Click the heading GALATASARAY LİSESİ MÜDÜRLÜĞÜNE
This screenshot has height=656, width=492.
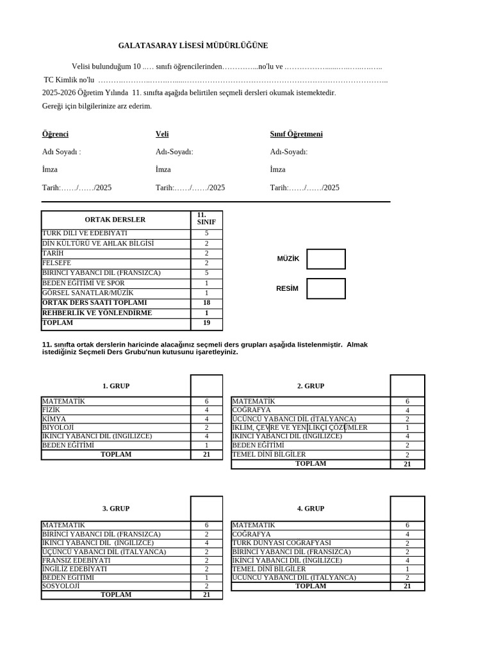click(x=193, y=46)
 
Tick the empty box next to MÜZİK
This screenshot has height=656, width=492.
click(x=325, y=259)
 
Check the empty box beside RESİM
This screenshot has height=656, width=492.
click(x=325, y=288)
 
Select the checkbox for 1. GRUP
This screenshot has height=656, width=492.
click(x=206, y=386)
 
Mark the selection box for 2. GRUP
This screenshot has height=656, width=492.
click(x=407, y=386)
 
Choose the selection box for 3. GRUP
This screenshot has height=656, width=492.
click(x=206, y=508)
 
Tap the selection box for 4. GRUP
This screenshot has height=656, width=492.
click(x=407, y=508)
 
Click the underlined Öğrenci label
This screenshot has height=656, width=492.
click(x=55, y=135)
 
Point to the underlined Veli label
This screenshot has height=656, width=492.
click(x=162, y=135)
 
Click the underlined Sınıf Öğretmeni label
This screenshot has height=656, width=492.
click(x=296, y=135)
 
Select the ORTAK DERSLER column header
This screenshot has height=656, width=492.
click(x=115, y=220)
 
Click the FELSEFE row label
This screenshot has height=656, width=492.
click(x=57, y=263)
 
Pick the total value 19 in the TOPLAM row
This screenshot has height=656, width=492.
click(x=206, y=324)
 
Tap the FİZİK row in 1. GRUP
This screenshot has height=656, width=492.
click(x=51, y=410)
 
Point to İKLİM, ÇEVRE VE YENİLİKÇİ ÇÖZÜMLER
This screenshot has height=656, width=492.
click(x=300, y=427)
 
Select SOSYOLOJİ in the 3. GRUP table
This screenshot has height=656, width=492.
click(x=61, y=586)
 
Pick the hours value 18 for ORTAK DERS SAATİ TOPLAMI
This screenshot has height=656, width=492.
click(x=206, y=302)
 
